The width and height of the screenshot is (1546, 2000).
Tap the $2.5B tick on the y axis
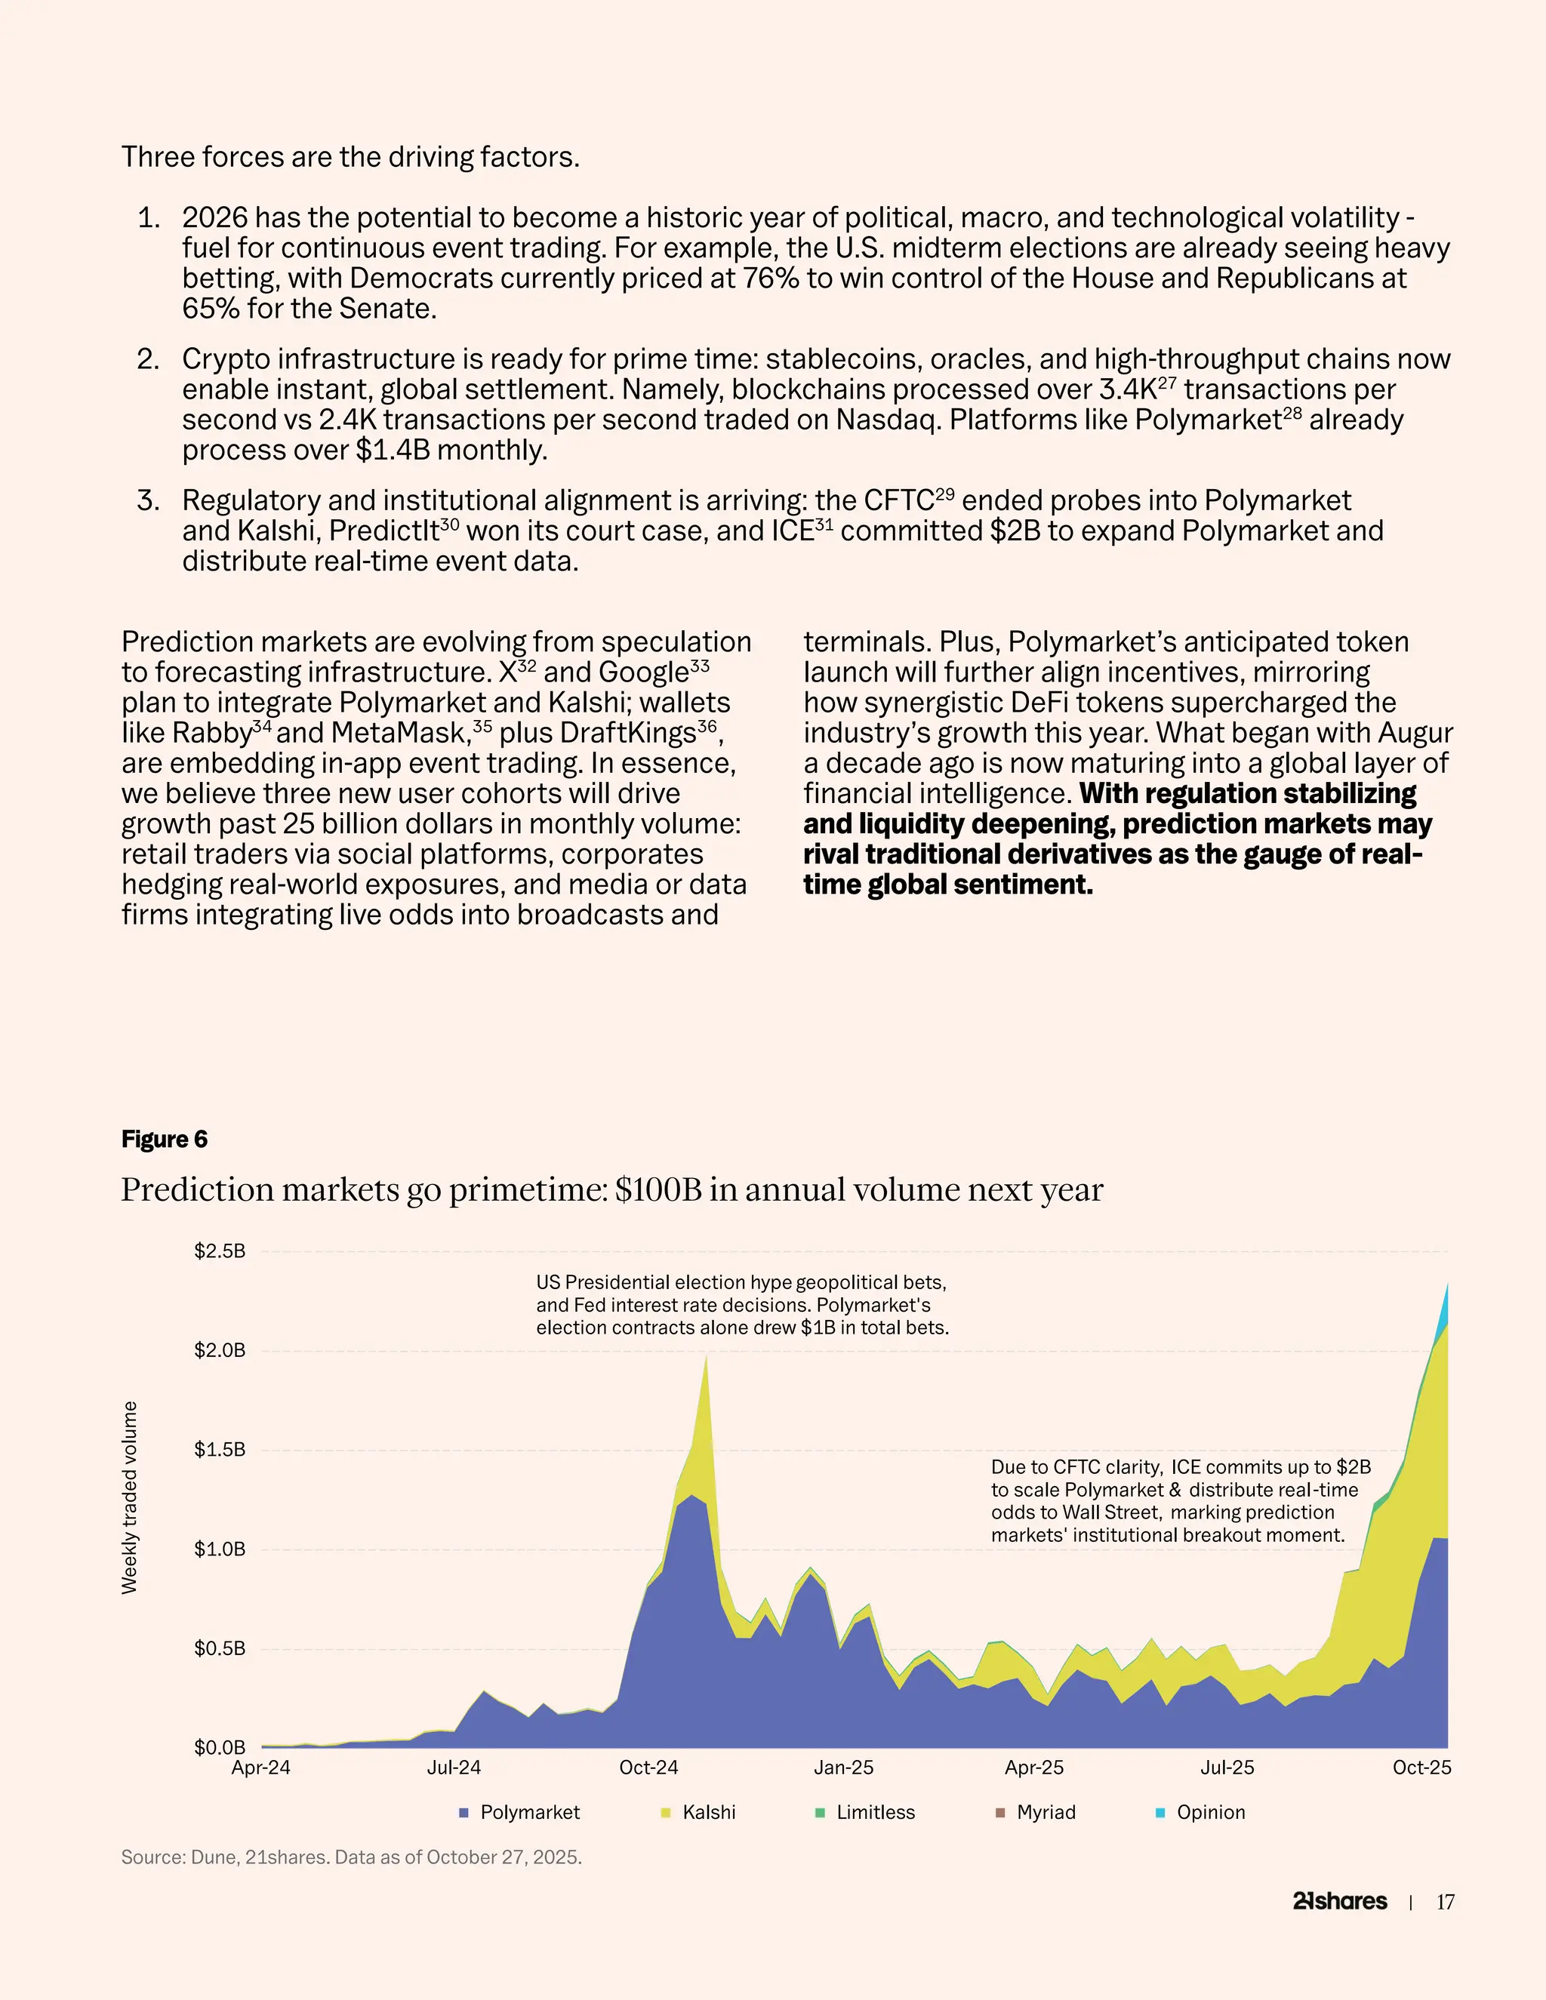pyautogui.click(x=220, y=1251)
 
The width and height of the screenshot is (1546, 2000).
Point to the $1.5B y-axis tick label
pyautogui.click(x=220, y=1450)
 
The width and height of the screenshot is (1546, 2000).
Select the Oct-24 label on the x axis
pyautogui.click(x=648, y=1768)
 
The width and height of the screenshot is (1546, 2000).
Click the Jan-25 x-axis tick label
pyautogui.click(x=843, y=1768)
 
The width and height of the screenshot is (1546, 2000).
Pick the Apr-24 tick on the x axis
pyautogui.click(x=261, y=1768)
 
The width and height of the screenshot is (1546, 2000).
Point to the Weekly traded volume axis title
pyautogui.click(x=129, y=1498)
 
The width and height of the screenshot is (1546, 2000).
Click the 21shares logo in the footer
pyautogui.click(x=1340, y=1901)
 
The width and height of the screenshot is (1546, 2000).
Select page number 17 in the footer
pyautogui.click(x=1446, y=1902)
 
